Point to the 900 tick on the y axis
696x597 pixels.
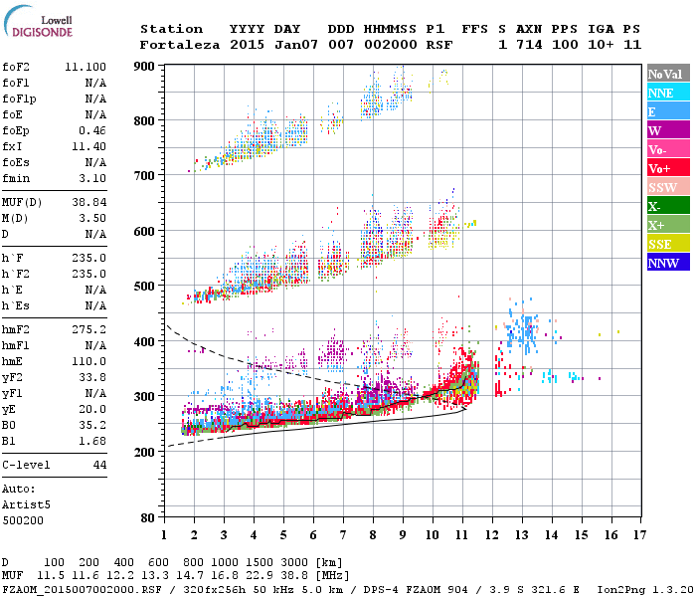[x=146, y=66]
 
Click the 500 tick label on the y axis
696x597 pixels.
[x=145, y=286]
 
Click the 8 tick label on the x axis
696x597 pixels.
[x=373, y=534]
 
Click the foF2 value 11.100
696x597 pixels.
[x=86, y=65]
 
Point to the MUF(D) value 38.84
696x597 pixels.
[x=90, y=202]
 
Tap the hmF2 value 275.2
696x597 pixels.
[x=90, y=328]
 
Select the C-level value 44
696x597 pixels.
[x=98, y=465]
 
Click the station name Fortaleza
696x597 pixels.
[x=180, y=45]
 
